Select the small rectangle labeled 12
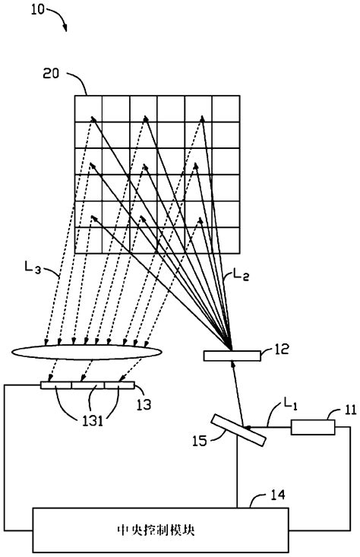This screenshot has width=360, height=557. click(x=232, y=356)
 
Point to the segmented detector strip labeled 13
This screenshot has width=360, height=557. click(x=87, y=386)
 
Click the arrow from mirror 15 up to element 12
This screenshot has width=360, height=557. click(x=237, y=391)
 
